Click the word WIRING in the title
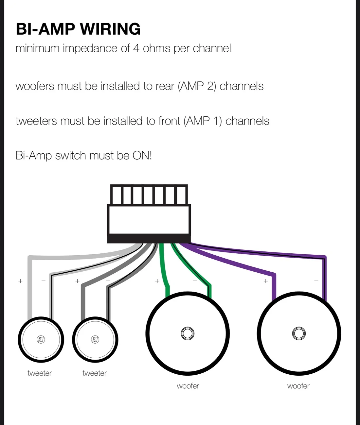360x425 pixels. pos(110,29)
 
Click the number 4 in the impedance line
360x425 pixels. pos(136,48)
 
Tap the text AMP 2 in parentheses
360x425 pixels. pos(197,86)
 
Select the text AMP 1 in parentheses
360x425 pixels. pos(203,121)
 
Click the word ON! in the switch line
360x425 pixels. pos(142,155)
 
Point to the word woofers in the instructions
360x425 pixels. pos(35,86)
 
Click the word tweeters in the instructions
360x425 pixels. pos(36,121)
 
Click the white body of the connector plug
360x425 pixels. pos(149,220)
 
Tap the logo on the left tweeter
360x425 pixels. pos(41,339)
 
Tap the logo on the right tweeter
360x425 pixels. pos(95,339)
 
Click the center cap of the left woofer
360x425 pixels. pos(188,333)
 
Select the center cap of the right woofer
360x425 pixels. pos(299,333)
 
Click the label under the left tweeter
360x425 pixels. pos(40,373)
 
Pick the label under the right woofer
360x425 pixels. pos(298,386)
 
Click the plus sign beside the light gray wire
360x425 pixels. pos(20,281)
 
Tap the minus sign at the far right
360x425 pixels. pos(316,281)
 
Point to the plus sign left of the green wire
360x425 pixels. pos(157,281)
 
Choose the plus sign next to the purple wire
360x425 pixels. pos(266,281)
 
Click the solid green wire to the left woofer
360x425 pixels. pos(164,271)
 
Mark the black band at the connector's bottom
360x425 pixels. pos(149,239)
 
